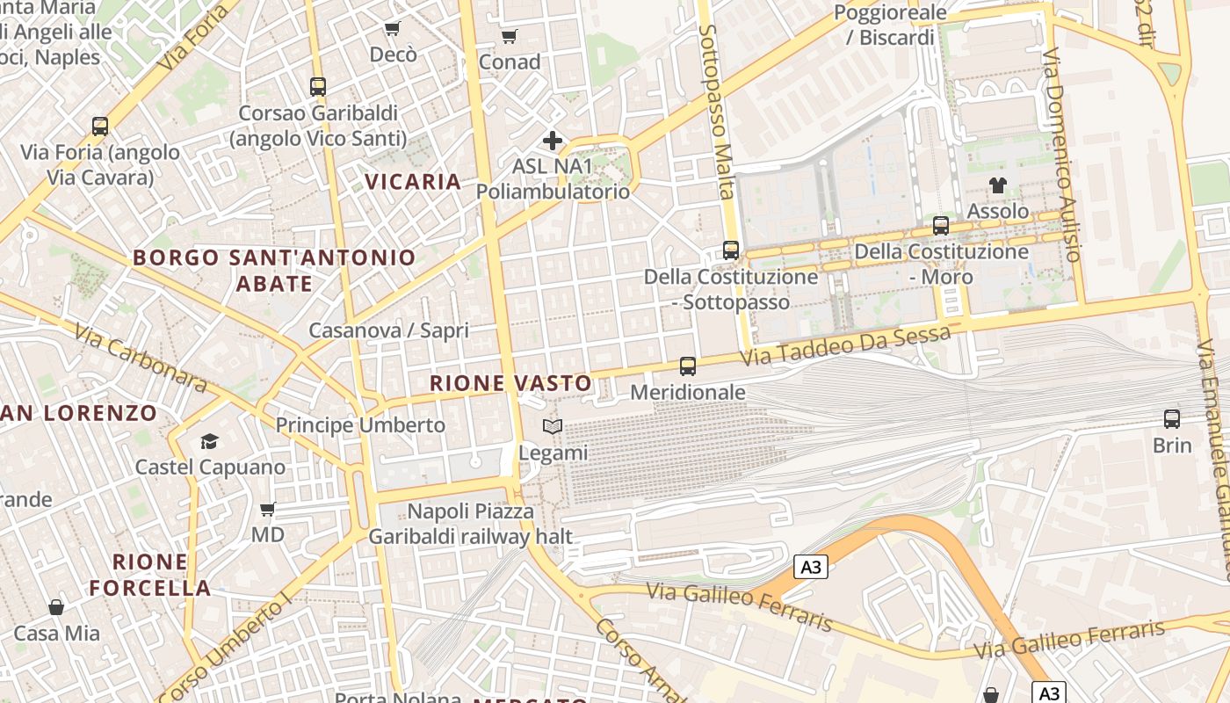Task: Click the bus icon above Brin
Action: click(x=1171, y=418)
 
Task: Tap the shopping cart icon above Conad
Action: click(x=509, y=36)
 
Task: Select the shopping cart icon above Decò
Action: click(x=392, y=28)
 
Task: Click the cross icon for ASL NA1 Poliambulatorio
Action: click(x=553, y=141)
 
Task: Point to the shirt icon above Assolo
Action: click(x=998, y=185)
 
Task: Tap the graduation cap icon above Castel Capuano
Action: click(x=209, y=441)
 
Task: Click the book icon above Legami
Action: click(x=553, y=427)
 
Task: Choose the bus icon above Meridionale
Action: click(x=688, y=366)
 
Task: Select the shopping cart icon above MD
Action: click(x=268, y=509)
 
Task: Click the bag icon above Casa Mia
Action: click(x=56, y=607)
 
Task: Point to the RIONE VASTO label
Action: click(x=510, y=383)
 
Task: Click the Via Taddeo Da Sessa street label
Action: click(x=844, y=346)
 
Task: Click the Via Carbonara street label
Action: click(x=141, y=358)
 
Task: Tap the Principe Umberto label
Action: click(x=360, y=425)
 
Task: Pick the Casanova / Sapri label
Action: click(x=388, y=331)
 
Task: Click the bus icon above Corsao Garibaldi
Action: click(x=318, y=87)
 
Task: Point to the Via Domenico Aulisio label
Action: click(x=1061, y=155)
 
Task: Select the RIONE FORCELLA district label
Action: click(x=150, y=575)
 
